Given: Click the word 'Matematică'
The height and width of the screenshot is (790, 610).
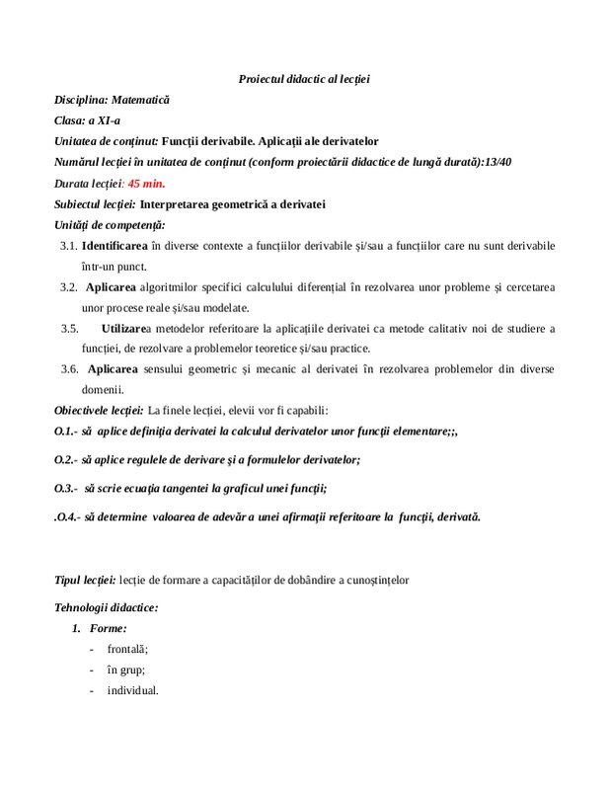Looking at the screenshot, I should [140, 100].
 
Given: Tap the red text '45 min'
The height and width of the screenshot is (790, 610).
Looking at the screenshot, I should [146, 184].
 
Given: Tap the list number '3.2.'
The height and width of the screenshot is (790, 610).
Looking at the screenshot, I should [68, 286].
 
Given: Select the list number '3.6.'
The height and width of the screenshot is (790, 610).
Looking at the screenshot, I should [68, 369].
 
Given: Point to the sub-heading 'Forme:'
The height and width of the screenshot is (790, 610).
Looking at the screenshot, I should [108, 628].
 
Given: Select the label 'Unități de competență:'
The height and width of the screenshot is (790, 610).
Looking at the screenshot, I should [110, 224].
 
